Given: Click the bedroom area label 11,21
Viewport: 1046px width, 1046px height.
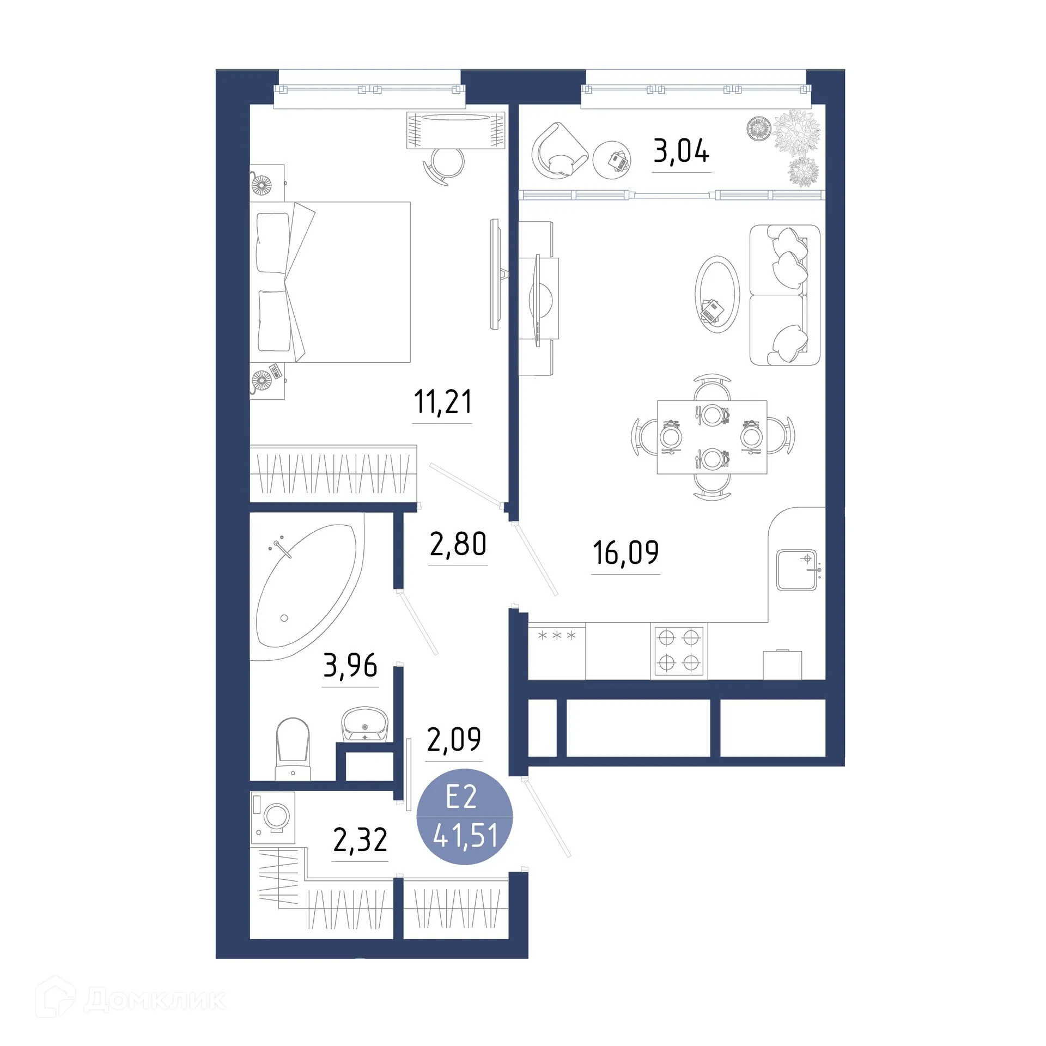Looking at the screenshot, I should (x=442, y=402).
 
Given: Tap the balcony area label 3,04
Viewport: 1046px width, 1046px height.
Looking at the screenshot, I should (x=681, y=151).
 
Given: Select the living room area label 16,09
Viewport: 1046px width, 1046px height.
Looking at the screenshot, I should (x=625, y=552).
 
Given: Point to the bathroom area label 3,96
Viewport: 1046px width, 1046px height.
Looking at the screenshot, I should (x=350, y=666).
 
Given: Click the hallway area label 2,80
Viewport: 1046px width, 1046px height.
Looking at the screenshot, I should (x=458, y=544).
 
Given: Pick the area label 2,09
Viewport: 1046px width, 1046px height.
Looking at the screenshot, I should (x=454, y=739).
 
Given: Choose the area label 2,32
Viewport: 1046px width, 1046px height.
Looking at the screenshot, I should (x=360, y=840).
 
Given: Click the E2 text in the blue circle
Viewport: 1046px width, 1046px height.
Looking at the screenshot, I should (x=461, y=797).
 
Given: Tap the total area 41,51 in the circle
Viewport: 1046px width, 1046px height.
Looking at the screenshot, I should (x=465, y=835).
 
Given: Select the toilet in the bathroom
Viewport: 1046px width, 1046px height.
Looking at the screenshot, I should (x=293, y=746).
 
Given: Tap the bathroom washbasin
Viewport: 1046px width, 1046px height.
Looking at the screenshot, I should (x=364, y=724).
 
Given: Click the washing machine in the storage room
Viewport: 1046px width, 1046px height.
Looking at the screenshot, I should (x=273, y=817).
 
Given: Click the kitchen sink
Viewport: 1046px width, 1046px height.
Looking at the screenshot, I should (x=796, y=570).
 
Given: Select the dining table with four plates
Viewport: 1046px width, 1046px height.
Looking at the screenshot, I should (x=711, y=437).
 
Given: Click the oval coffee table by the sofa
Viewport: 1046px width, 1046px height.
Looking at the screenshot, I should (x=717, y=294).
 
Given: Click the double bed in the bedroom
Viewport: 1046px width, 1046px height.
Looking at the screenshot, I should (x=332, y=282).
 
